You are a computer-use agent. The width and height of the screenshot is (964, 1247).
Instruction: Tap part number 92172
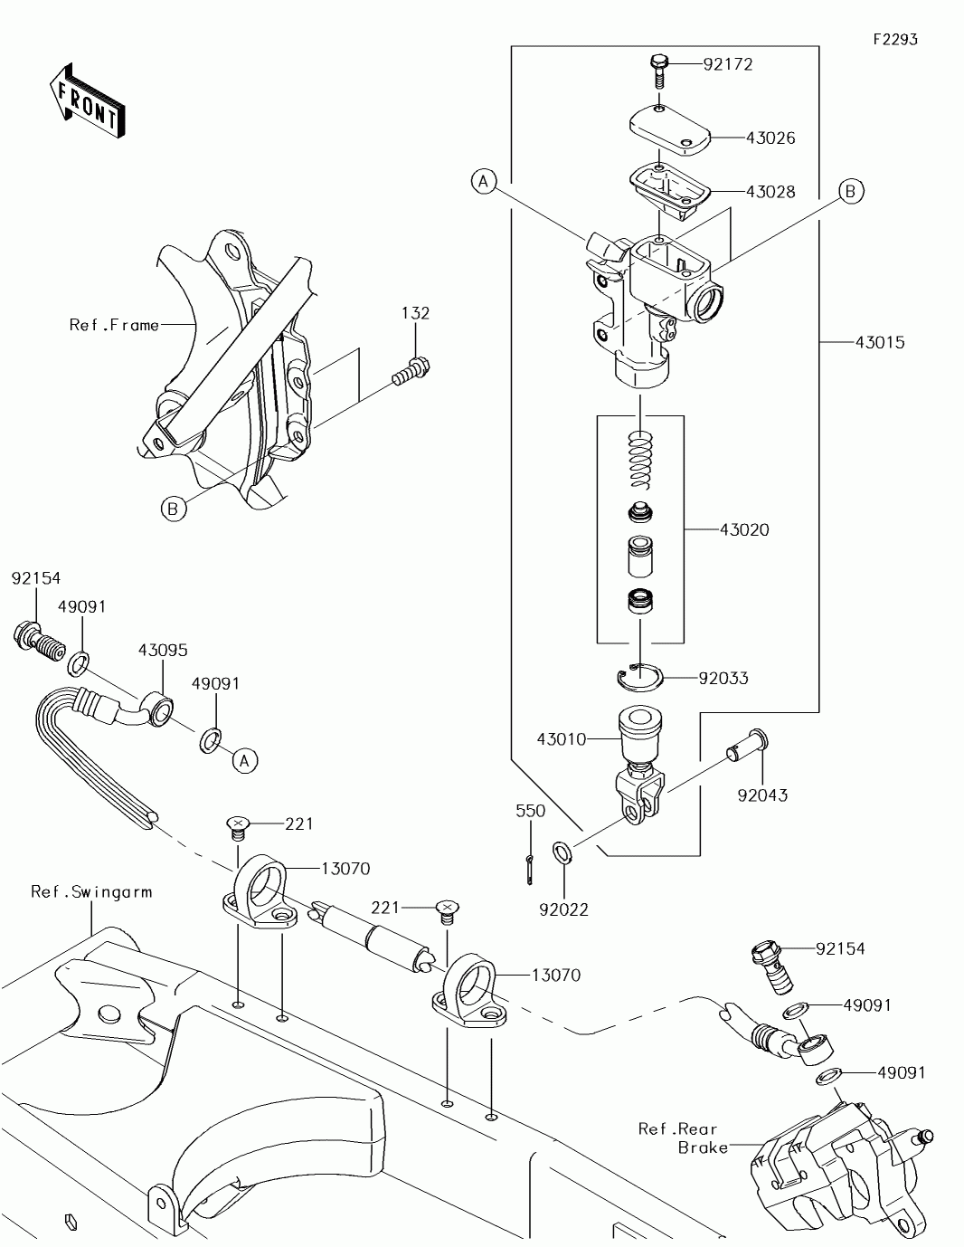[x=728, y=64]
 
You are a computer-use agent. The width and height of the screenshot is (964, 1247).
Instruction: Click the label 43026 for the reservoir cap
[x=770, y=138]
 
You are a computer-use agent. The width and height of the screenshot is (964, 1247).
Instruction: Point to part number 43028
[x=770, y=192]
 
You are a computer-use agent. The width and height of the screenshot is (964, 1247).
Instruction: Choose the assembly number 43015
[x=880, y=342]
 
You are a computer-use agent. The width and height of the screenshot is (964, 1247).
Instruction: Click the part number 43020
[x=744, y=529]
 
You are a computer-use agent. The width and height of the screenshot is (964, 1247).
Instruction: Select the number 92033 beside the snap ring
[x=723, y=678]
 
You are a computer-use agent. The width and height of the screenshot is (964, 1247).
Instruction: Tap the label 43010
[x=562, y=739]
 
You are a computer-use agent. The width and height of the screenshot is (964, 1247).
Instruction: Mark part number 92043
[x=762, y=795]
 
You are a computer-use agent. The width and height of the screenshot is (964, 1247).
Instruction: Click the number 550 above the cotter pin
[x=531, y=811]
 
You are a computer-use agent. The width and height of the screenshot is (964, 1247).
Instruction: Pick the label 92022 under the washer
[x=564, y=909]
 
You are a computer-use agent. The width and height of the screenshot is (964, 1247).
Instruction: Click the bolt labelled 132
[x=411, y=370]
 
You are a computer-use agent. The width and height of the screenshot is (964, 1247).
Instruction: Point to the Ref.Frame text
[x=114, y=324]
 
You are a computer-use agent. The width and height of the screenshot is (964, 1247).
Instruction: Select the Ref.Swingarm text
[x=91, y=891]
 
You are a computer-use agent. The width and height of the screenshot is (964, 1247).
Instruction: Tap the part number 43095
[x=163, y=651]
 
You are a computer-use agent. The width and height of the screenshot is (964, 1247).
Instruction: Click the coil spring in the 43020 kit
[x=641, y=460]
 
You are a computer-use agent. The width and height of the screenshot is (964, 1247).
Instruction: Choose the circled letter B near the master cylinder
[x=850, y=191]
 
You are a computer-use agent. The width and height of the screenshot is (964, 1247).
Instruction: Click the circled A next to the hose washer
[x=244, y=761]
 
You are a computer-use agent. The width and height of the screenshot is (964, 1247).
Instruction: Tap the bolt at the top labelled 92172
[x=658, y=65]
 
